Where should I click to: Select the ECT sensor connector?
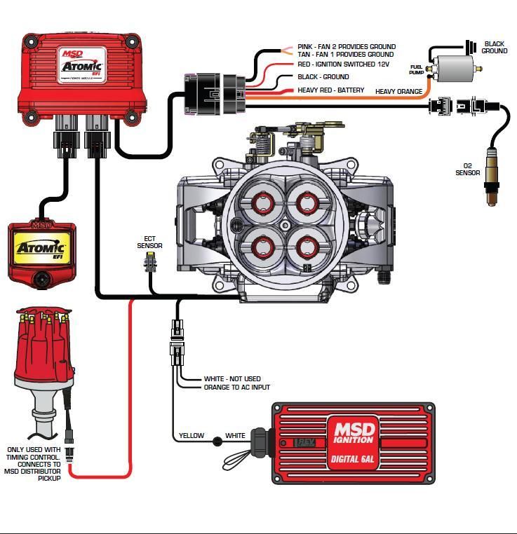pos(149,263)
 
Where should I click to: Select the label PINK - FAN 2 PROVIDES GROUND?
pos(346,47)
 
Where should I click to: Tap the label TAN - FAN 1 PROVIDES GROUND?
pos(345,55)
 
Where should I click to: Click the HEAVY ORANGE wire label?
pos(398,92)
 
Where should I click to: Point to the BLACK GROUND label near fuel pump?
pos(494,48)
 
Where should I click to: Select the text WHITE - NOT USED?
pos(232,378)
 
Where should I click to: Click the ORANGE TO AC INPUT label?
pos(236,387)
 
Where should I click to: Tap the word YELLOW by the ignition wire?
pos(191,436)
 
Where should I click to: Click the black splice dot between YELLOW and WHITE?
pos(217,441)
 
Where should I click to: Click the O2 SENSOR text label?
pos(467,170)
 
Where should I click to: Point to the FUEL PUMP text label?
pos(417,69)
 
